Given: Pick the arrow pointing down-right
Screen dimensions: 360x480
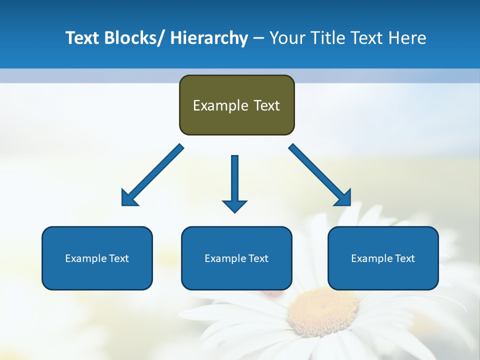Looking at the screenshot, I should [320, 175].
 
